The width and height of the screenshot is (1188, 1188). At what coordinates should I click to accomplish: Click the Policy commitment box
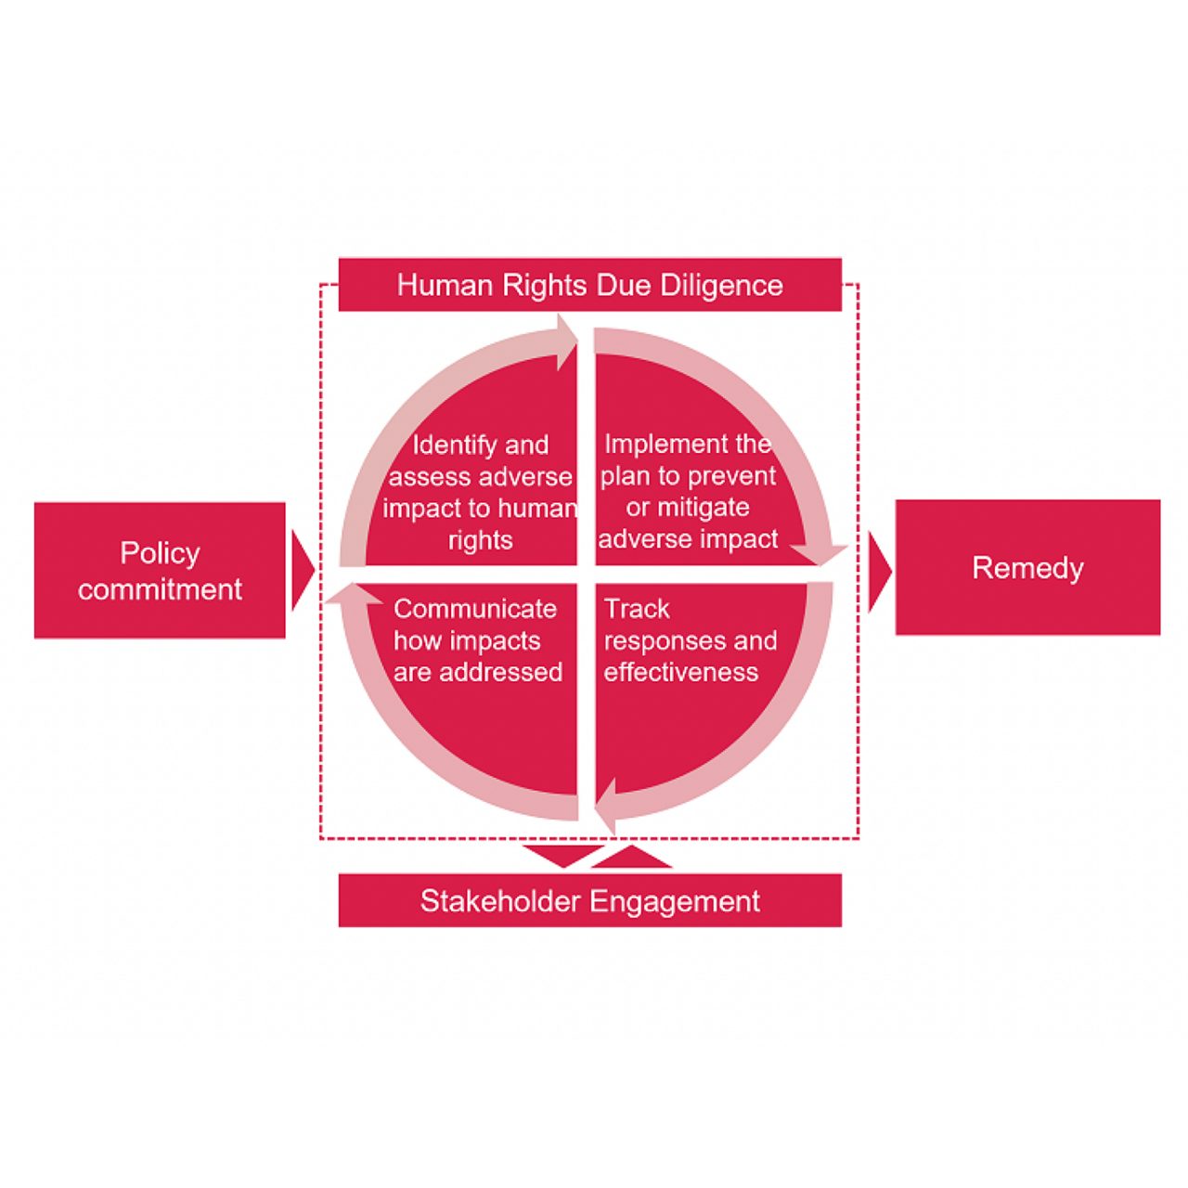160,570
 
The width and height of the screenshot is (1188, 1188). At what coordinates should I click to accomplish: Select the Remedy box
1027,567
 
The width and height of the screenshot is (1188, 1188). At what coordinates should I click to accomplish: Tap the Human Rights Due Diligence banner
589,284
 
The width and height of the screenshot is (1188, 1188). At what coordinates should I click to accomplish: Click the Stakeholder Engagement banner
589,900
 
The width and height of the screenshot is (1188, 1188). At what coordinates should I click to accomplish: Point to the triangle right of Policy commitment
301,571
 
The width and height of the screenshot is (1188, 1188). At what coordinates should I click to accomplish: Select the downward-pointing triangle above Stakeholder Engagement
562,855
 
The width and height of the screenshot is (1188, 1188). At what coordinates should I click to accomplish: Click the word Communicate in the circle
475,609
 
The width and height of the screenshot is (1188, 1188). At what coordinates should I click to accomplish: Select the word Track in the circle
637,609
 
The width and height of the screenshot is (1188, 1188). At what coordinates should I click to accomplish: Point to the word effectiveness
680,672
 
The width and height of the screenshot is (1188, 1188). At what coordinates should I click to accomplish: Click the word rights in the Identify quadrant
480,540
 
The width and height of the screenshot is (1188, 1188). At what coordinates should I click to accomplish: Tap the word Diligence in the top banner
721,285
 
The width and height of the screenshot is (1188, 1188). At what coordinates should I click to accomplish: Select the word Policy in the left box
160,553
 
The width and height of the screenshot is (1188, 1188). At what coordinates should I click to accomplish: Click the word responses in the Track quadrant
663,640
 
